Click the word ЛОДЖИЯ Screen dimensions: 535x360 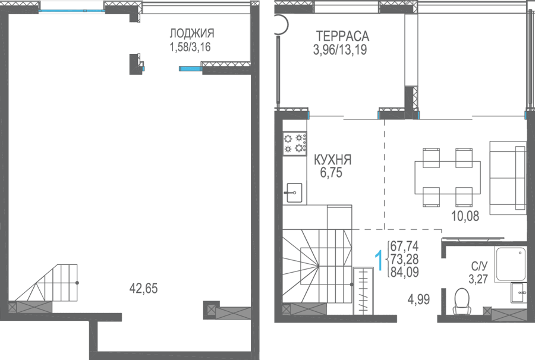tap(192, 33)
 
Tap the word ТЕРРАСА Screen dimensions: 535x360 tap(342, 36)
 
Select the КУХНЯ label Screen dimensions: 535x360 tap(332, 160)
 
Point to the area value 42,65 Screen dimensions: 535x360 tap(143, 288)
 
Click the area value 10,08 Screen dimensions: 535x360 tap(465, 216)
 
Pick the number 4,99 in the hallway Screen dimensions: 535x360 tap(418, 299)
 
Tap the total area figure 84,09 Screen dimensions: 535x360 tap(404, 272)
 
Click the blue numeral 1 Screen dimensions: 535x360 tap(379, 260)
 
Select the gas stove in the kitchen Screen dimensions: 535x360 tap(295, 143)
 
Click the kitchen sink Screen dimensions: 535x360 tap(294, 192)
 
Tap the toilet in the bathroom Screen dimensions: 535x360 tap(462, 301)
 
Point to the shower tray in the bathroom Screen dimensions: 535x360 tap(511, 264)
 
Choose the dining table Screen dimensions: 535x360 tap(448, 177)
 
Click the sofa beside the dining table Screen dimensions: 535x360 tap(508, 178)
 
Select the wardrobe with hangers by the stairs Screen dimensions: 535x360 tap(363, 291)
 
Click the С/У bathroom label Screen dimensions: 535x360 tap(479, 266)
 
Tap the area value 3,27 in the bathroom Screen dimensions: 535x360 tap(478, 279)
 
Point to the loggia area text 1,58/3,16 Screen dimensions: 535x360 tap(190, 47)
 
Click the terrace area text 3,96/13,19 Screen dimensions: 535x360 tap(340, 50)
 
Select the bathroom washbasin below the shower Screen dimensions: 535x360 tap(518, 292)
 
